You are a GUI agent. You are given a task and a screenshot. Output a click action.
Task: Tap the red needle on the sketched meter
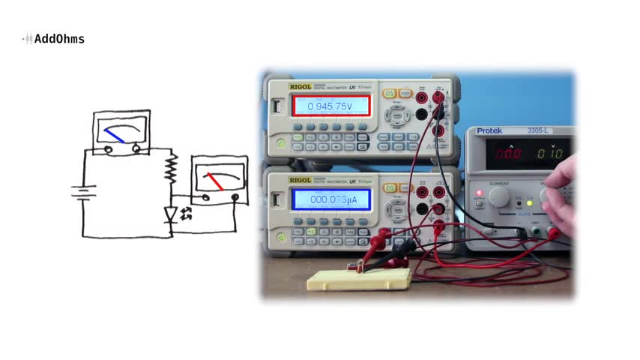click(x=214, y=181)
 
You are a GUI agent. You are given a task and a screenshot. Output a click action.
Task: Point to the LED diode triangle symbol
click(x=171, y=214)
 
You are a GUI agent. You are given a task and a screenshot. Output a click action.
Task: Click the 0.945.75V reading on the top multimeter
click(x=330, y=106)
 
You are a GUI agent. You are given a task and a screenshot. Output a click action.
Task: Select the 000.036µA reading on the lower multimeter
click(x=330, y=199)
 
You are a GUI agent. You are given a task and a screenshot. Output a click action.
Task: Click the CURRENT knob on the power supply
click(x=498, y=196)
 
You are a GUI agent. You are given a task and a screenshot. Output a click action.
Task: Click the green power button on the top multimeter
click(x=281, y=142)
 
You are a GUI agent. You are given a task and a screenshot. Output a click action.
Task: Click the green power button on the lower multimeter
click(x=281, y=236)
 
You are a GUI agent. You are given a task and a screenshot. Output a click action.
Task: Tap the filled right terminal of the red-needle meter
click(x=235, y=197)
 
